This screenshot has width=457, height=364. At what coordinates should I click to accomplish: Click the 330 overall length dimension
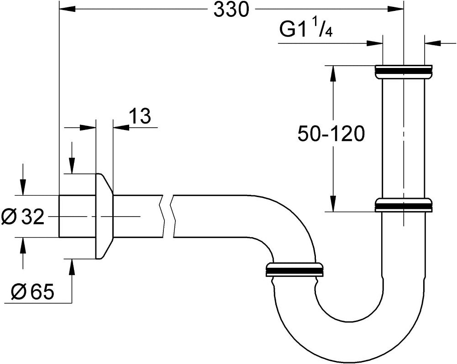click(231, 10)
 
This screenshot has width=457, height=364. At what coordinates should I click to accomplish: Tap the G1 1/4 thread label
click(305, 30)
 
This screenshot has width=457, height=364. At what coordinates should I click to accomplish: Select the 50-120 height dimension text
click(331, 134)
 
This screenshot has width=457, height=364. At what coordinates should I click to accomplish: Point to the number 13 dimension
click(140, 117)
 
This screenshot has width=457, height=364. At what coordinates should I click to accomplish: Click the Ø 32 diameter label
click(23, 217)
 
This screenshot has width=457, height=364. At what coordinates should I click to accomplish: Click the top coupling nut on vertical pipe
click(403, 72)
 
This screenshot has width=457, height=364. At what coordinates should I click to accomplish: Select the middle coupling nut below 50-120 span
click(403, 205)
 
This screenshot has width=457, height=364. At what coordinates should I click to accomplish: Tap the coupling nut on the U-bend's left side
click(294, 270)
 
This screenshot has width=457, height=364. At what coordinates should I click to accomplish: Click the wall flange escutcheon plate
click(104, 216)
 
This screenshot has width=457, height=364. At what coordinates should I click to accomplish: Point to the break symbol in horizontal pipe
click(168, 216)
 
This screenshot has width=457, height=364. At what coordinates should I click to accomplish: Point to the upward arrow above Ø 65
click(71, 267)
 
